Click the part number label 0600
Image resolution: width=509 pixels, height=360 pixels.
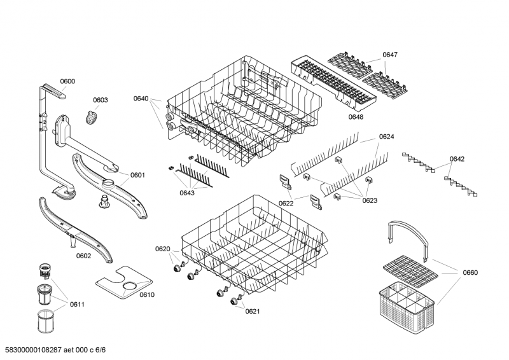click(x=67, y=81)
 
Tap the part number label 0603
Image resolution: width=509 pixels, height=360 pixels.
click(x=101, y=100)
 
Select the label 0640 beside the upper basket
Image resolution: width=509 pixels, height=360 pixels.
click(x=141, y=99)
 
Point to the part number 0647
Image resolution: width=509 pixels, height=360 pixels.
click(x=390, y=55)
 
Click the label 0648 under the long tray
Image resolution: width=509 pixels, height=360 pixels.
click(x=356, y=117)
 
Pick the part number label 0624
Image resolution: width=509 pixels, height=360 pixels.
click(x=386, y=137)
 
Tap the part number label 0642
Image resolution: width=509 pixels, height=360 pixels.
click(x=457, y=159)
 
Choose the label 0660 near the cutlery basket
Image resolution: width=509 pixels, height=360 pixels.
click(x=470, y=273)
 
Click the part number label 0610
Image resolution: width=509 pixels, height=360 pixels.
click(x=147, y=294)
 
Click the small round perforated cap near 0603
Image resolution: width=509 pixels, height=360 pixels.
click(x=92, y=116)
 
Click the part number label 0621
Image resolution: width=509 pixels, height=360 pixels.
click(x=253, y=311)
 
